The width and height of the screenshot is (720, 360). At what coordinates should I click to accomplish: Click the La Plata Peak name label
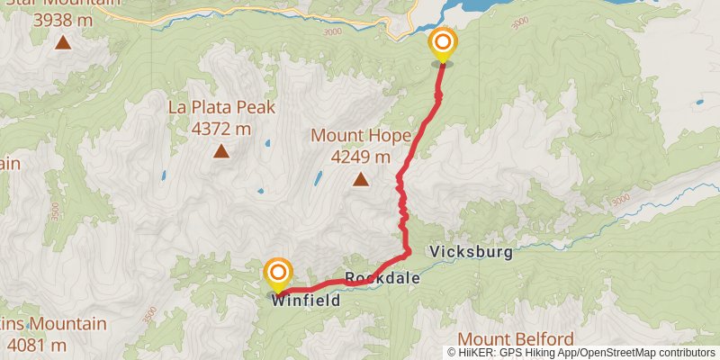click(x=220, y=108)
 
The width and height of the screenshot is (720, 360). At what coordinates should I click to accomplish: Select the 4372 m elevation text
click(x=220, y=128)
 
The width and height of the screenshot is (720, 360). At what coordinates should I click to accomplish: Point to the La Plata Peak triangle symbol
click(x=220, y=150)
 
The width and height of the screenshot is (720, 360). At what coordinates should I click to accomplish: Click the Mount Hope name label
click(x=361, y=136)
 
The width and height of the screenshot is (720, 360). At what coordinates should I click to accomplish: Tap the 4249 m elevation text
click(x=361, y=157)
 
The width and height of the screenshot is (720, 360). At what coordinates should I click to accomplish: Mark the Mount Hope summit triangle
click(x=361, y=179)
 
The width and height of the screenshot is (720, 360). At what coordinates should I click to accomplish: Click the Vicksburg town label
click(x=472, y=252)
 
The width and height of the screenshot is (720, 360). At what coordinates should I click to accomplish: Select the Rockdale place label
click(x=382, y=279)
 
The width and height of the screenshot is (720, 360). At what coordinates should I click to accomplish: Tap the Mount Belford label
click(x=516, y=339)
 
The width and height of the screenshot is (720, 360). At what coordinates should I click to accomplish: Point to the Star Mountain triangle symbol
click(x=63, y=41)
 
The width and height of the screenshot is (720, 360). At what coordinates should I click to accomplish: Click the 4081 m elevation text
click(x=36, y=344)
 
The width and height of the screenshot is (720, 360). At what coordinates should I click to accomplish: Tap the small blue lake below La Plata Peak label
click(x=266, y=143)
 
